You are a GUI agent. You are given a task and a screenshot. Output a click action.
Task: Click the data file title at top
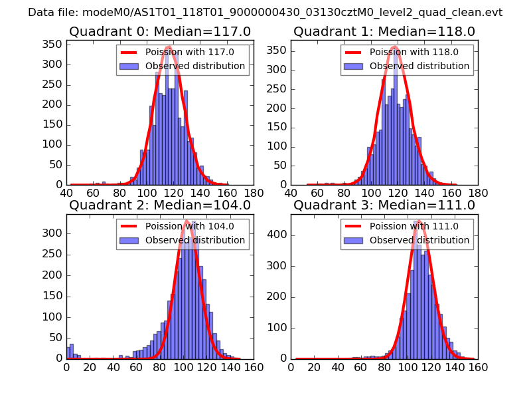coord(265,13)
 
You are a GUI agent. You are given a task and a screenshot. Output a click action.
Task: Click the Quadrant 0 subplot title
coord(160,31)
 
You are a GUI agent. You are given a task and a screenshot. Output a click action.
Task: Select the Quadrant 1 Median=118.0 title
coord(384,31)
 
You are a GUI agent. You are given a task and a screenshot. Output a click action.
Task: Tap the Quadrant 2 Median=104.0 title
coord(160,205)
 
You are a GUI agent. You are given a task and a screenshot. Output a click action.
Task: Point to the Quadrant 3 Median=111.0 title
coord(384,205)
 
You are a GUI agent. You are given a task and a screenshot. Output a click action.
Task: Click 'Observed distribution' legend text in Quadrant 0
coord(195,66)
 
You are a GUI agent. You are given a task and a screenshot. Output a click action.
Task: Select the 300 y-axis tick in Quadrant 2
coord(54,233)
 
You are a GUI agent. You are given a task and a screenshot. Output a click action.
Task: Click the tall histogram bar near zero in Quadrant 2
coord(72,351)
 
